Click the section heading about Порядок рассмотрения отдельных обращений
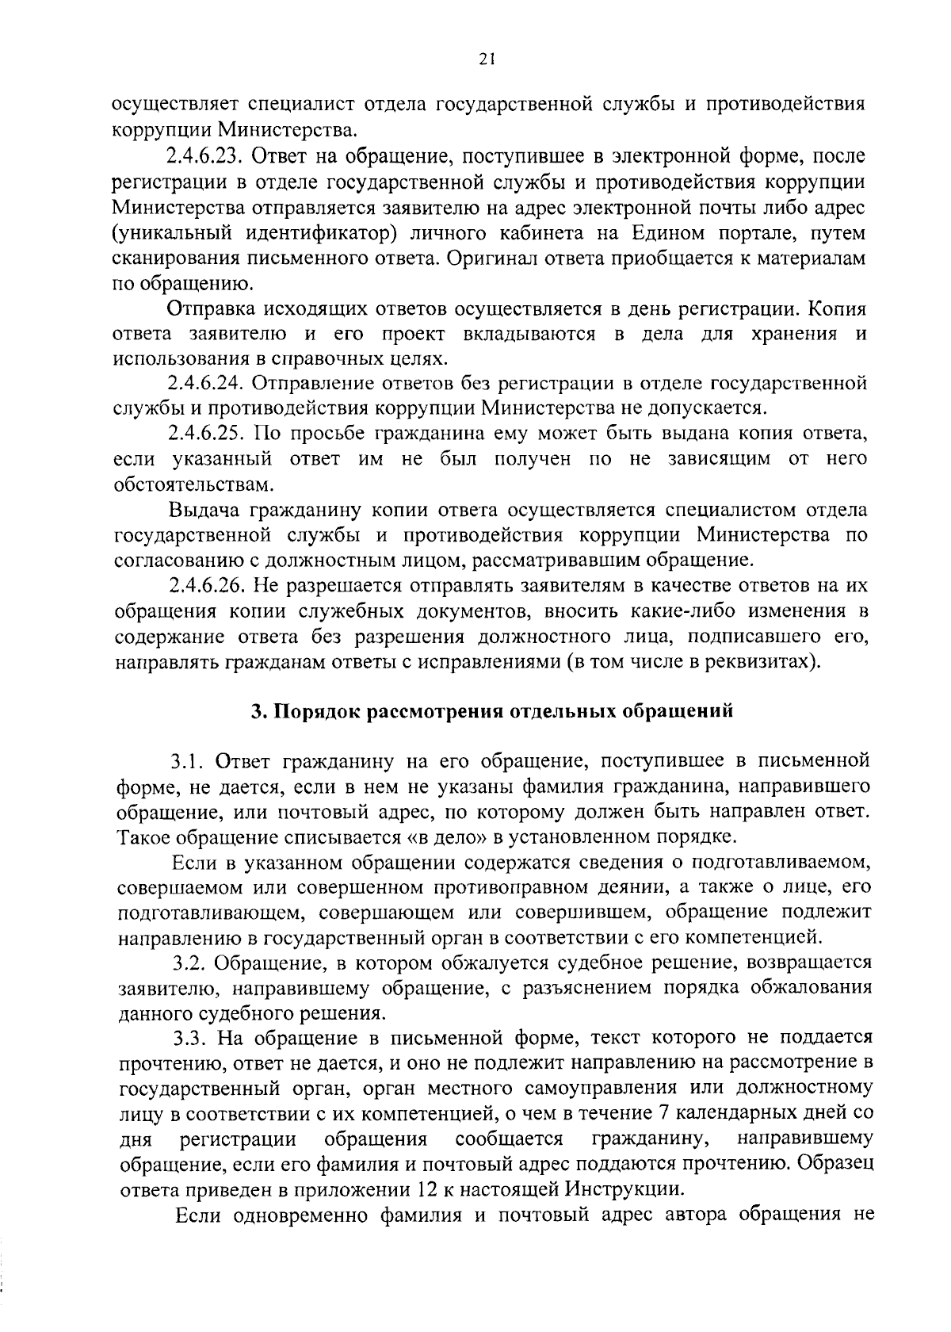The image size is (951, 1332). [x=492, y=711]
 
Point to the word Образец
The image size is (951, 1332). [x=838, y=1165]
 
